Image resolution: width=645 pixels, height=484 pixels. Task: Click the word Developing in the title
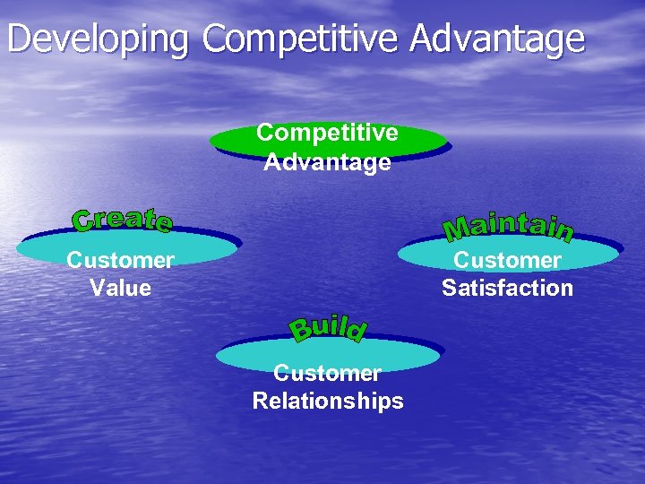point(99,39)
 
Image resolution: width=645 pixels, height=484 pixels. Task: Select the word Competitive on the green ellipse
point(327,134)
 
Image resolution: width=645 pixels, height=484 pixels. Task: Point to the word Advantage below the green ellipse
point(327,163)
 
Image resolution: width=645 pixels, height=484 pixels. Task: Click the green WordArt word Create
point(123,220)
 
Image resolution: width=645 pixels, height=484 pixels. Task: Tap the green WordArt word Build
point(328,329)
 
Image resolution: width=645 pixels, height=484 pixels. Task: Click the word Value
point(120,289)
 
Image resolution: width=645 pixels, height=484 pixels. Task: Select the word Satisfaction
point(507,289)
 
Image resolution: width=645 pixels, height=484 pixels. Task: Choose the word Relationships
point(328,402)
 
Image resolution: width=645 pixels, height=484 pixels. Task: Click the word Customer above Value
point(120,261)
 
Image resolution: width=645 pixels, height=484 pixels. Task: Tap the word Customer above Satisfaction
point(507,261)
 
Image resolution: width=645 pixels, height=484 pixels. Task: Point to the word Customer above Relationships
point(328,373)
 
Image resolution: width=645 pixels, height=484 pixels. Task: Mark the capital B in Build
point(301,332)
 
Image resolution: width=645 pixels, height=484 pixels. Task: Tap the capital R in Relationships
point(261,402)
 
